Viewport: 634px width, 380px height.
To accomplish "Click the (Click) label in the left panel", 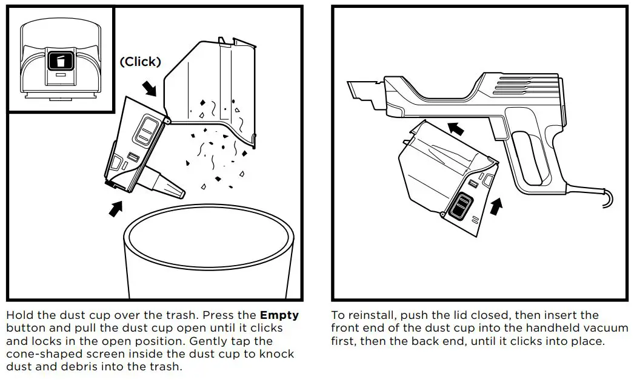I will (x=140, y=62).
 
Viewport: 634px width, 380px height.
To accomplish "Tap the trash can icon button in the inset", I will (x=59, y=61).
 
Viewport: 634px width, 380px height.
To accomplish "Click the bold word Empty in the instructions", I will (x=279, y=316).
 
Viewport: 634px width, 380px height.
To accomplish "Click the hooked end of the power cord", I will (x=606, y=199).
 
